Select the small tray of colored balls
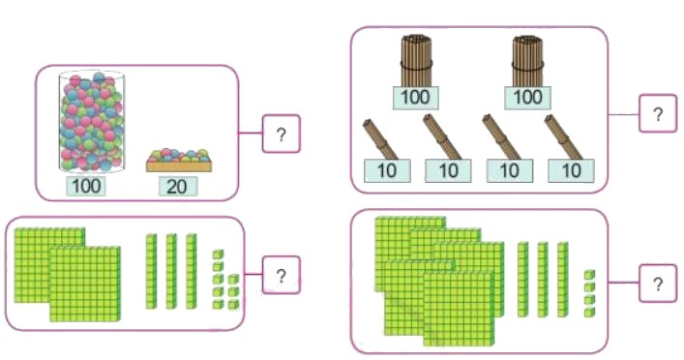[x=178, y=161]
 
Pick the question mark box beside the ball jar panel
[x=281, y=135]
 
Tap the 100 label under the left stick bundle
[x=416, y=97]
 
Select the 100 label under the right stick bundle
[x=526, y=97]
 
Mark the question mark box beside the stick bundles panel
[x=658, y=114]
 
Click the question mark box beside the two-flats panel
[x=281, y=276]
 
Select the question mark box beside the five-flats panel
[x=658, y=284]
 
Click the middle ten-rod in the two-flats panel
[x=171, y=271]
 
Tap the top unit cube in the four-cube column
[x=589, y=275]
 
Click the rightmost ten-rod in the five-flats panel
[x=562, y=279]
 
